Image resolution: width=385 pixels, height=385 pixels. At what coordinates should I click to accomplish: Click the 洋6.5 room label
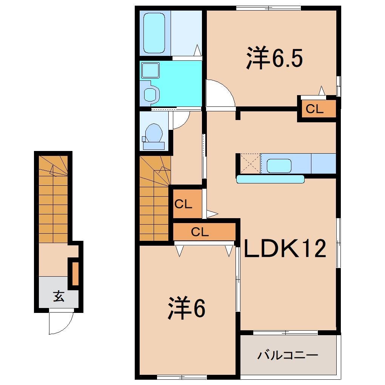tap(274, 58)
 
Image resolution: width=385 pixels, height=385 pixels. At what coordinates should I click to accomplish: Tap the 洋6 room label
tap(186, 308)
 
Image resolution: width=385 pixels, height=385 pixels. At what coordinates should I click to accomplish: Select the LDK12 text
tap(285, 248)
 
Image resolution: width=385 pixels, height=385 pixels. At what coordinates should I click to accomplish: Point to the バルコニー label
tap(288, 355)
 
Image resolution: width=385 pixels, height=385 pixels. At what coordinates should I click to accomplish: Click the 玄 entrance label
tap(59, 296)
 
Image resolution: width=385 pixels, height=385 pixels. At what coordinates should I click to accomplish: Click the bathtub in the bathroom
tap(154, 33)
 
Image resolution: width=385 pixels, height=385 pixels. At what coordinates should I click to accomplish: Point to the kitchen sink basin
tap(279, 166)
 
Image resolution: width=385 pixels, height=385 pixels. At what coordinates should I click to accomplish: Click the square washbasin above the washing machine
tap(150, 70)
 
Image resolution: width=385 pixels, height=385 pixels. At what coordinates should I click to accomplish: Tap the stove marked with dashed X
tap(250, 163)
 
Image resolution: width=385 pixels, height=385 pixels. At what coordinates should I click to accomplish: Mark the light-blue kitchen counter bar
tap(270, 179)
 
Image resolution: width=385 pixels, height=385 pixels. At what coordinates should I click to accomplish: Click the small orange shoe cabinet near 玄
tap(75, 274)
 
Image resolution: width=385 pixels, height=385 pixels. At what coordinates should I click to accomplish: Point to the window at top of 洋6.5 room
tap(269, 8)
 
